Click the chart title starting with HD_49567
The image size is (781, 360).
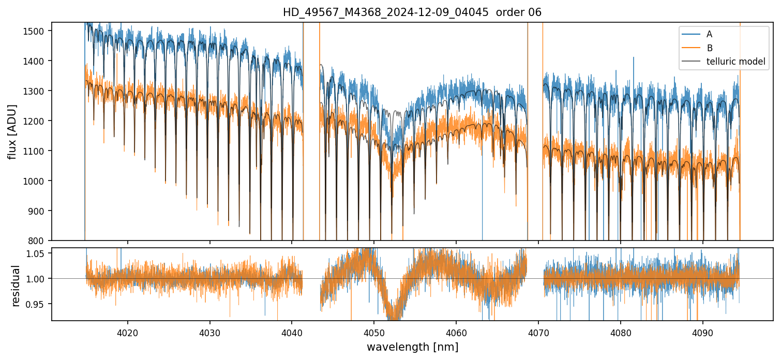(412, 12)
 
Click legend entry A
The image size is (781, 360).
(709, 34)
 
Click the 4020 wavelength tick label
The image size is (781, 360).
(127, 332)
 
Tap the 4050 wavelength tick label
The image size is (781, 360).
(374, 332)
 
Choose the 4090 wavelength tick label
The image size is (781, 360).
(703, 332)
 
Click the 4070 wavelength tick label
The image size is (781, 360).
(538, 332)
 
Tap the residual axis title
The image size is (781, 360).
(16, 286)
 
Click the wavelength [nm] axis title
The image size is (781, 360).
(412, 347)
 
